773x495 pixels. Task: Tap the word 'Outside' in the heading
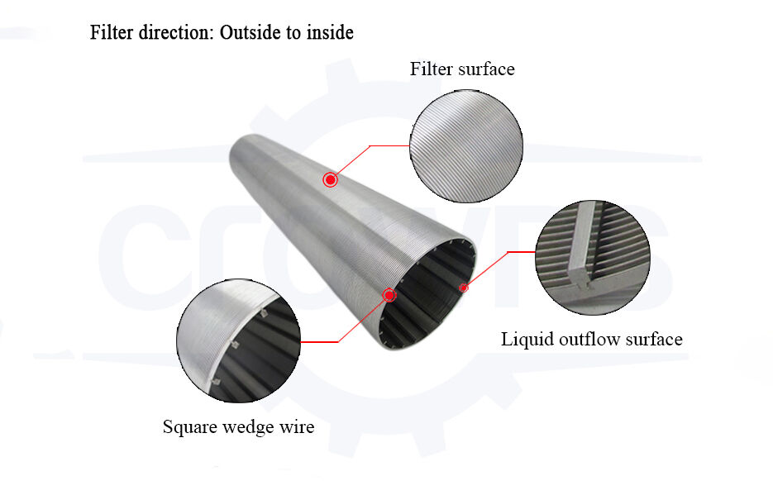coord(251,33)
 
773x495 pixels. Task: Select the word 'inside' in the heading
coord(329,33)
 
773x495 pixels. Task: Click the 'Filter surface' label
coord(462,69)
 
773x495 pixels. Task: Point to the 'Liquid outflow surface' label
coord(592,340)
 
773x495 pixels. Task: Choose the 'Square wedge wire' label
coord(238,428)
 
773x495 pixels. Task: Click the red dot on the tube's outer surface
coord(330,179)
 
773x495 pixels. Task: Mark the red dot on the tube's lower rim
coord(389,295)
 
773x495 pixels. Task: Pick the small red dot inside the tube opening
coord(464,288)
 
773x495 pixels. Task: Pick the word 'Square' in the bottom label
coord(188,428)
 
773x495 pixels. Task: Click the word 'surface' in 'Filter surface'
coord(486,69)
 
